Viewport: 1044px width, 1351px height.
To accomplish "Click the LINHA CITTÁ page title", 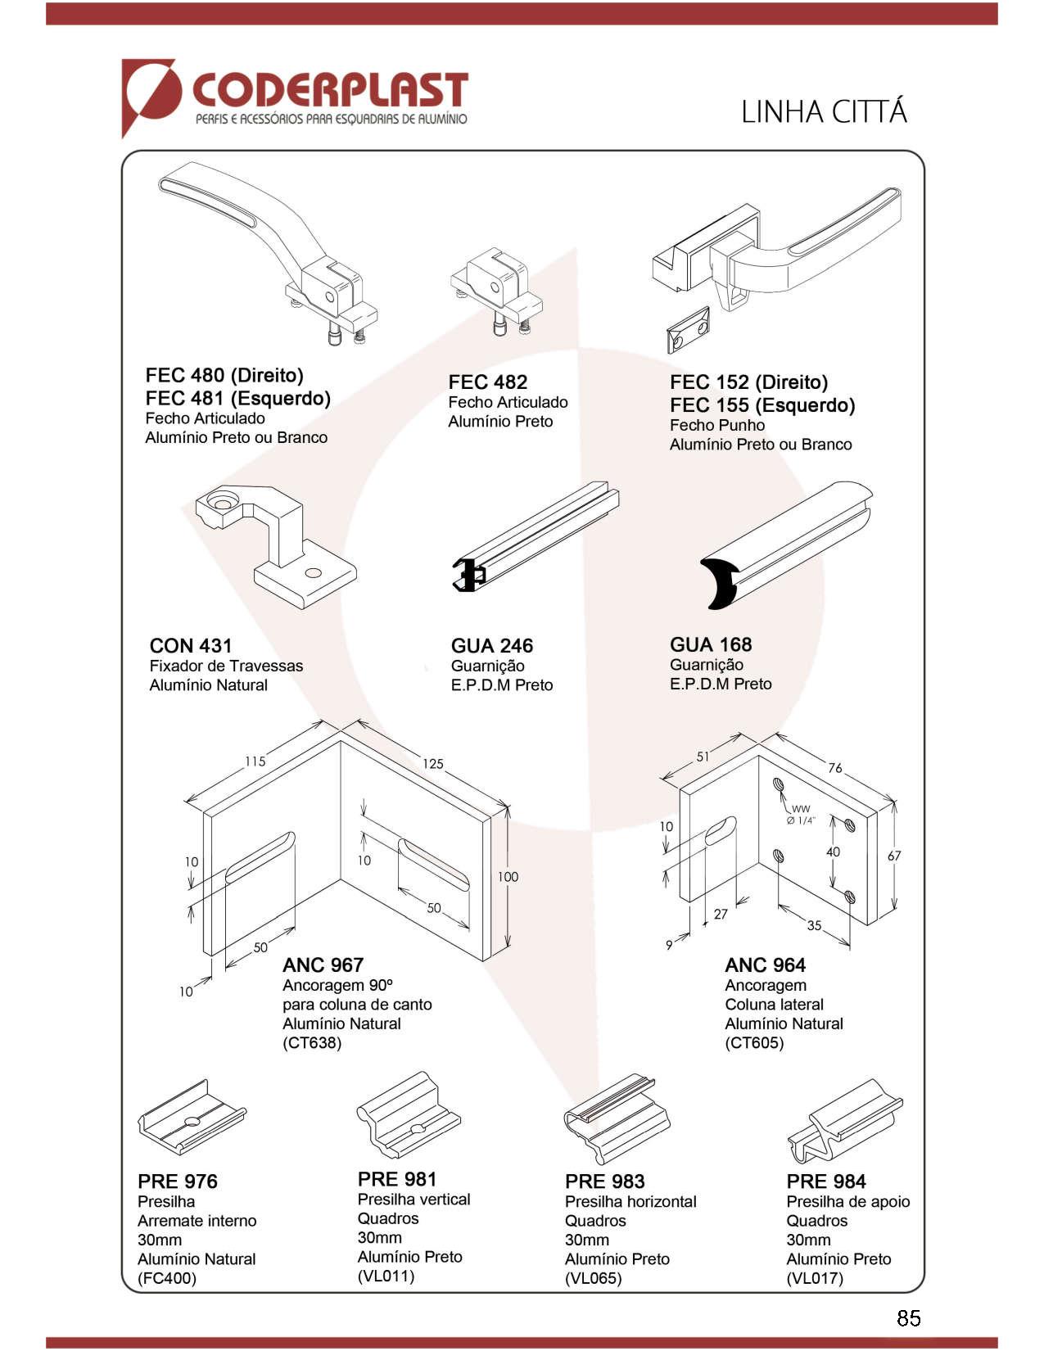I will tap(824, 112).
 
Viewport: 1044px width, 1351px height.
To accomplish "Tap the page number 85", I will tap(908, 1317).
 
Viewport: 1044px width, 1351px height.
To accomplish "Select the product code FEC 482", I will tap(487, 382).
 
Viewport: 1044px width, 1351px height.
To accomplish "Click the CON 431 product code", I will tap(191, 646).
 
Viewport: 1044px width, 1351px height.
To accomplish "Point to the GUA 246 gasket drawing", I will tap(536, 536).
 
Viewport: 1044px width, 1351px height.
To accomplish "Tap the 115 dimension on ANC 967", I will tap(255, 761).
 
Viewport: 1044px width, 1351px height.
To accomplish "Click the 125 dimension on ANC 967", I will tap(433, 764).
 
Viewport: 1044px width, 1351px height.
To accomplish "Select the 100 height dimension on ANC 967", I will tap(508, 877).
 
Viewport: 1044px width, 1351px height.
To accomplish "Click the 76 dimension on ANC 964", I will tap(834, 768).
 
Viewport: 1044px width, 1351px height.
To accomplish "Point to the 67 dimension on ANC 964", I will tap(894, 856).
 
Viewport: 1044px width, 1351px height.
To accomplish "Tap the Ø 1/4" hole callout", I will tap(801, 820).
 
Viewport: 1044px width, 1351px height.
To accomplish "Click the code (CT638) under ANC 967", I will tap(312, 1043).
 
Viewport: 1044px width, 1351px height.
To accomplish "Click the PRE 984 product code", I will tap(825, 1182).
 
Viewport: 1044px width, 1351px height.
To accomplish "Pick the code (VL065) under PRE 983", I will tap(593, 1278).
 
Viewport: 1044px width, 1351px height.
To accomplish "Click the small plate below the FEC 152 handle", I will tap(688, 332).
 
